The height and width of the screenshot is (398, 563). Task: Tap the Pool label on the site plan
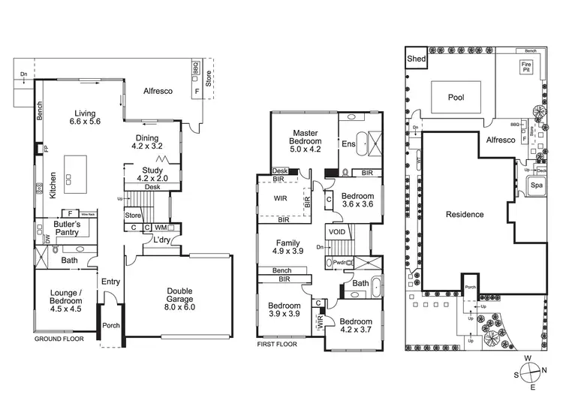click(x=456, y=98)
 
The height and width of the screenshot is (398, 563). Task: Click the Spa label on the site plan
click(x=537, y=185)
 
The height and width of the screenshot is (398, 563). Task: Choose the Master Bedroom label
click(x=307, y=141)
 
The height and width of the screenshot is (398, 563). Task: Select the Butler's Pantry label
click(x=72, y=228)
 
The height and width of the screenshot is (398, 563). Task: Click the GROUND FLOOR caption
click(x=59, y=339)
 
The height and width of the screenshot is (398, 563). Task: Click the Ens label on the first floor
click(x=348, y=144)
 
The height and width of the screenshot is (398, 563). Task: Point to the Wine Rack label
click(x=88, y=213)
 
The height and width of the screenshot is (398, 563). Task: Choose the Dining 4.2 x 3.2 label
click(x=147, y=142)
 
